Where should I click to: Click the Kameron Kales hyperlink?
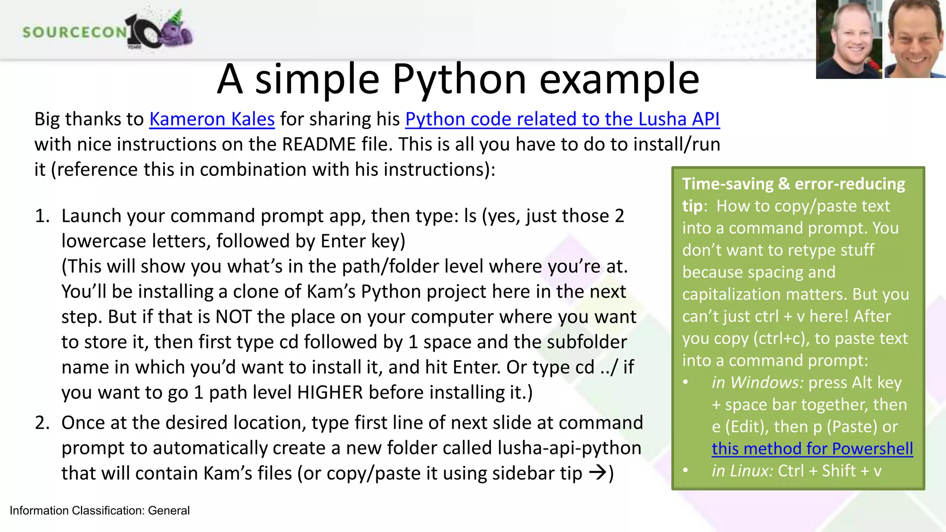pos(212,119)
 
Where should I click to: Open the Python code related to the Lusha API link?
pos(562,119)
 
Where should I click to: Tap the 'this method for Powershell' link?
pos(812,449)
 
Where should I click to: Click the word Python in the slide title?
pos(459,79)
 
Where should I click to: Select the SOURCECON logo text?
pos(74,32)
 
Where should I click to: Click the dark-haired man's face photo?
pos(915,39)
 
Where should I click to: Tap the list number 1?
pos(42,216)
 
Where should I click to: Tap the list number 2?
pos(42,423)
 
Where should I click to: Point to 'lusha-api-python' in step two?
pos(569,448)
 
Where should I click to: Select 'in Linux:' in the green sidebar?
pos(742,471)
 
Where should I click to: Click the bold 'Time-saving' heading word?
pos(728,184)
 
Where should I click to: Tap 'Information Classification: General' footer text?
pos(100,511)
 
